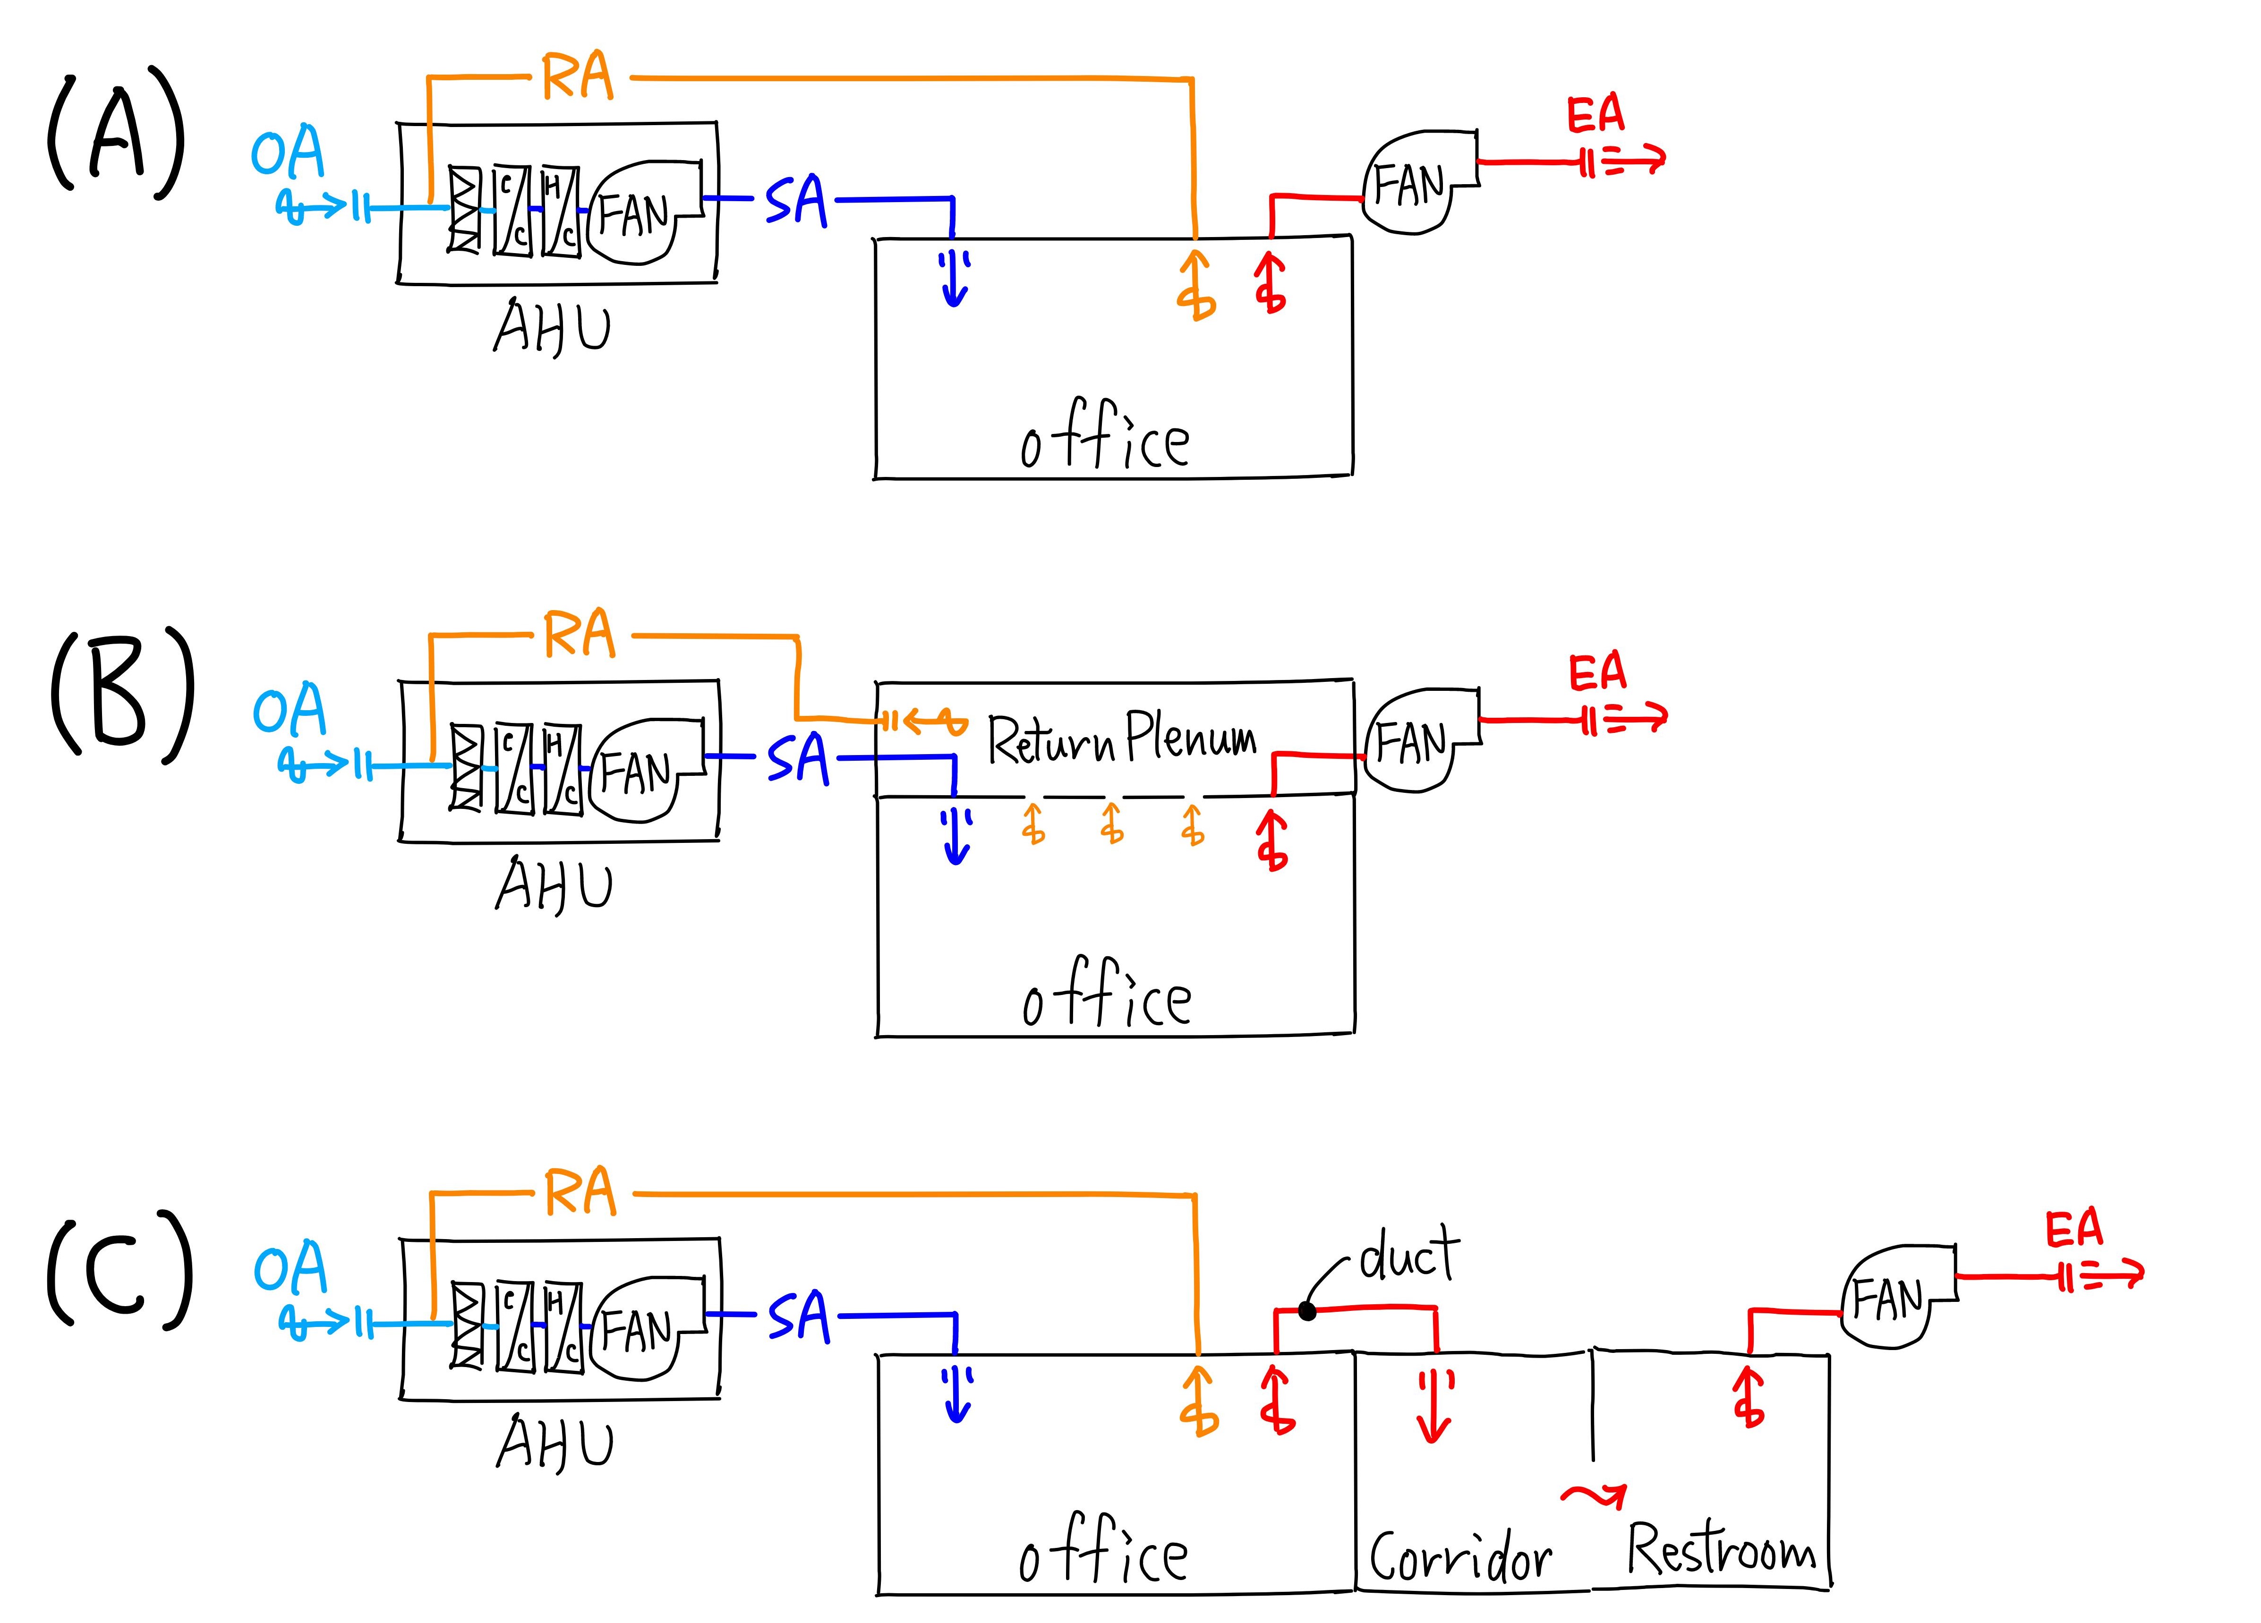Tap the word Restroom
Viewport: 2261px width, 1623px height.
pyautogui.click(x=1722, y=1548)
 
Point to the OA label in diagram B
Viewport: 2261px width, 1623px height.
pyautogui.click(x=289, y=710)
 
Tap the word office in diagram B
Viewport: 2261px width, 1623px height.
pyautogui.click(x=1107, y=994)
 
